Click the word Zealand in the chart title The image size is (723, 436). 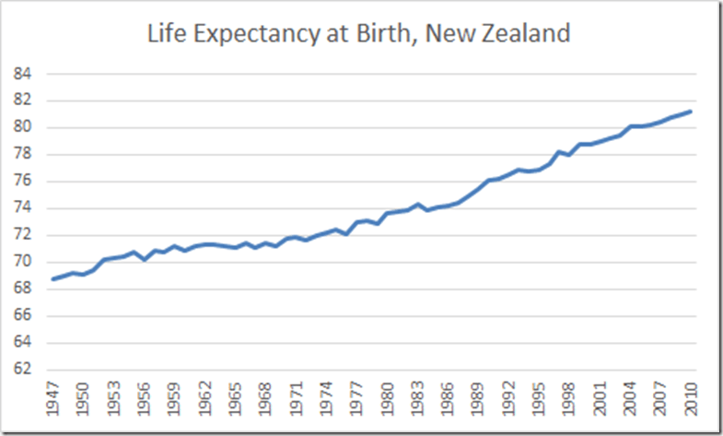(525, 35)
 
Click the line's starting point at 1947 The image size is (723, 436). (53, 278)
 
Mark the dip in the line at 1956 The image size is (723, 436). (145, 260)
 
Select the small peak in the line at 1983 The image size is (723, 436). (417, 204)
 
